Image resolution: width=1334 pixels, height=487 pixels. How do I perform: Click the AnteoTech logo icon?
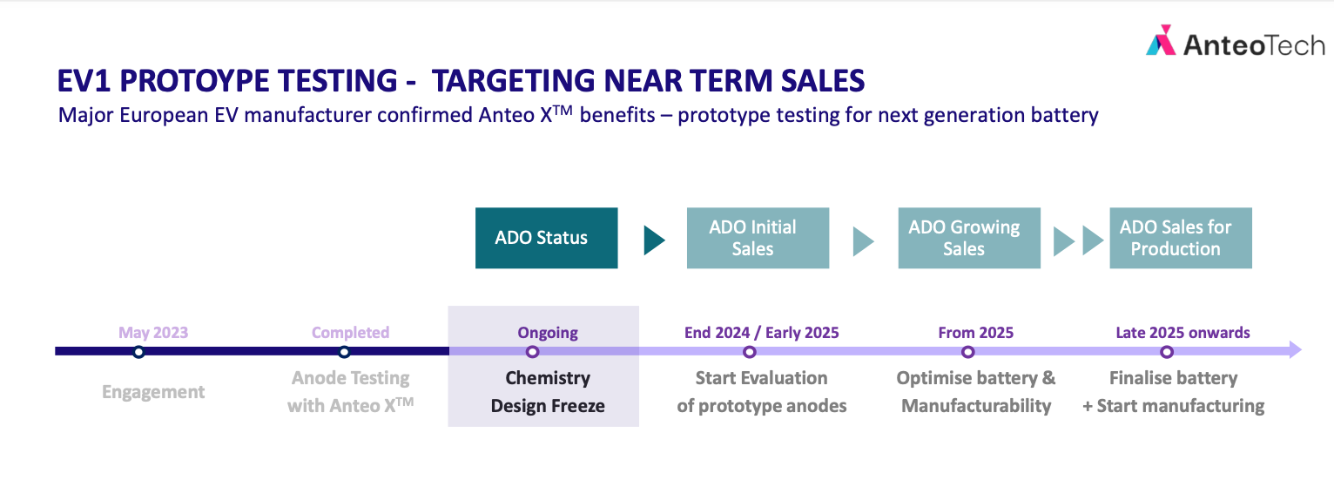click(1161, 41)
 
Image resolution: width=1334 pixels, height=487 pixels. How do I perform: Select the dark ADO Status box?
click(546, 238)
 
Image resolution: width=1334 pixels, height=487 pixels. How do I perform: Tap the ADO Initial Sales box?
click(758, 238)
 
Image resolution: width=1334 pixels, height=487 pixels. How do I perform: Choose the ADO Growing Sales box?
click(969, 238)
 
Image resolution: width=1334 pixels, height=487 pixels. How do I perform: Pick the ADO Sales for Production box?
click(1181, 238)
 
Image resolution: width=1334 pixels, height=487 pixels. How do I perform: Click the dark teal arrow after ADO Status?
click(654, 240)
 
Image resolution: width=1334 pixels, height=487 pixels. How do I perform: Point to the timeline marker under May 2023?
click(138, 352)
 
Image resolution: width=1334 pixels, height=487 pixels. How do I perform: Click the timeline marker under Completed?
click(344, 352)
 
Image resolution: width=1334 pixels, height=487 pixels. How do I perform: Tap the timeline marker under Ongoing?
click(532, 352)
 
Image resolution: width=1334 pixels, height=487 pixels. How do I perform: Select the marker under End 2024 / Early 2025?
click(750, 352)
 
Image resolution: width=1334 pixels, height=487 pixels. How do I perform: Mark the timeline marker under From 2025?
click(968, 352)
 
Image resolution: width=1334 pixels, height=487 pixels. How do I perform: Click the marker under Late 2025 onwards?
click(1167, 352)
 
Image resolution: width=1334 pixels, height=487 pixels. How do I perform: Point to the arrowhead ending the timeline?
click(1296, 350)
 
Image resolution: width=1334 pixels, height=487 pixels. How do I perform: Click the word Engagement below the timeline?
click(153, 392)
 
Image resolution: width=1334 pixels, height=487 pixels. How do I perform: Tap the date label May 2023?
click(153, 333)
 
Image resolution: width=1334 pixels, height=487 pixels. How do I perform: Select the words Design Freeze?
click(548, 406)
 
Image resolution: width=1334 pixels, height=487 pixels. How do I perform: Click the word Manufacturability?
click(976, 406)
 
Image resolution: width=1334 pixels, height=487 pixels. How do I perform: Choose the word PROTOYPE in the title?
click(259, 81)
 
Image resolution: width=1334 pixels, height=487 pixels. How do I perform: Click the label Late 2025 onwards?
click(1182, 333)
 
